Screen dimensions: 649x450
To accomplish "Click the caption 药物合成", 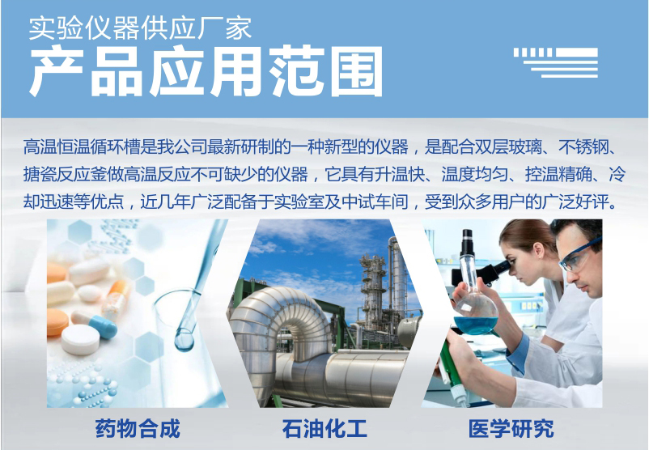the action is coord(138,428).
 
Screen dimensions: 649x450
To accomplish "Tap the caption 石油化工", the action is coord(324,428).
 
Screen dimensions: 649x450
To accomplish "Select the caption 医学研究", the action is coord(511,428).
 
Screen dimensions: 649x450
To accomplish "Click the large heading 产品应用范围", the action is coord(206,71).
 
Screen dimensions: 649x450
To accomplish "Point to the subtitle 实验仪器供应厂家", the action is coord(140,28).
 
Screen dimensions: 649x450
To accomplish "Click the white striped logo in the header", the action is coord(556,62).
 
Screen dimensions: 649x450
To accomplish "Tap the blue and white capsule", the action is coord(95,324).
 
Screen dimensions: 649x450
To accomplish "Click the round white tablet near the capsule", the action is coord(80,339).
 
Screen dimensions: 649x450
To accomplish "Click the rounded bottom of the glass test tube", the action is coord(185,342).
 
